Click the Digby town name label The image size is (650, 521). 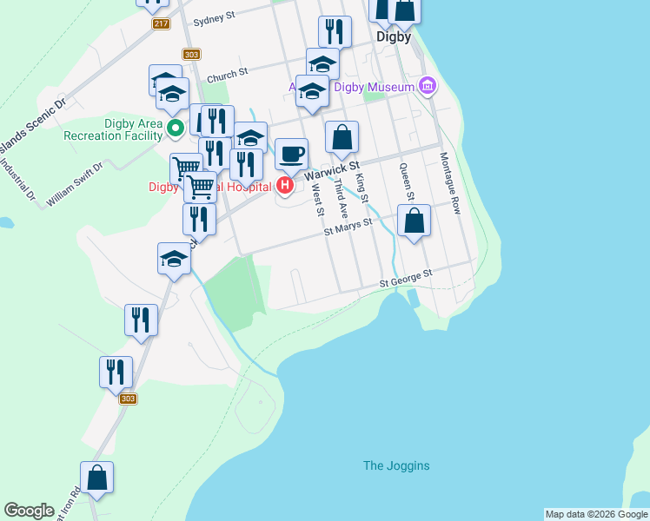tap(394, 37)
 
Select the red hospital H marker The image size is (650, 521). tap(284, 185)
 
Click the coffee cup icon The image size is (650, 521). tap(292, 154)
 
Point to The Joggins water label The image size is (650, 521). tap(396, 466)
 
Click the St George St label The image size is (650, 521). tap(406, 278)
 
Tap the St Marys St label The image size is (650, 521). tap(348, 227)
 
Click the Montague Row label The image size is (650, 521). tap(448, 183)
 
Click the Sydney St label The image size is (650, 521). tap(215, 17)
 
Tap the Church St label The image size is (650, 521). tap(228, 75)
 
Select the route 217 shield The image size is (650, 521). tap(161, 23)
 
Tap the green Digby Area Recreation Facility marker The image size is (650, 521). tap(175, 129)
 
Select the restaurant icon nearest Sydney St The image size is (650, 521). tap(335, 32)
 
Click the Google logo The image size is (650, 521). tap(29, 511)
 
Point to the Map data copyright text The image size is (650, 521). tap(596, 514)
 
